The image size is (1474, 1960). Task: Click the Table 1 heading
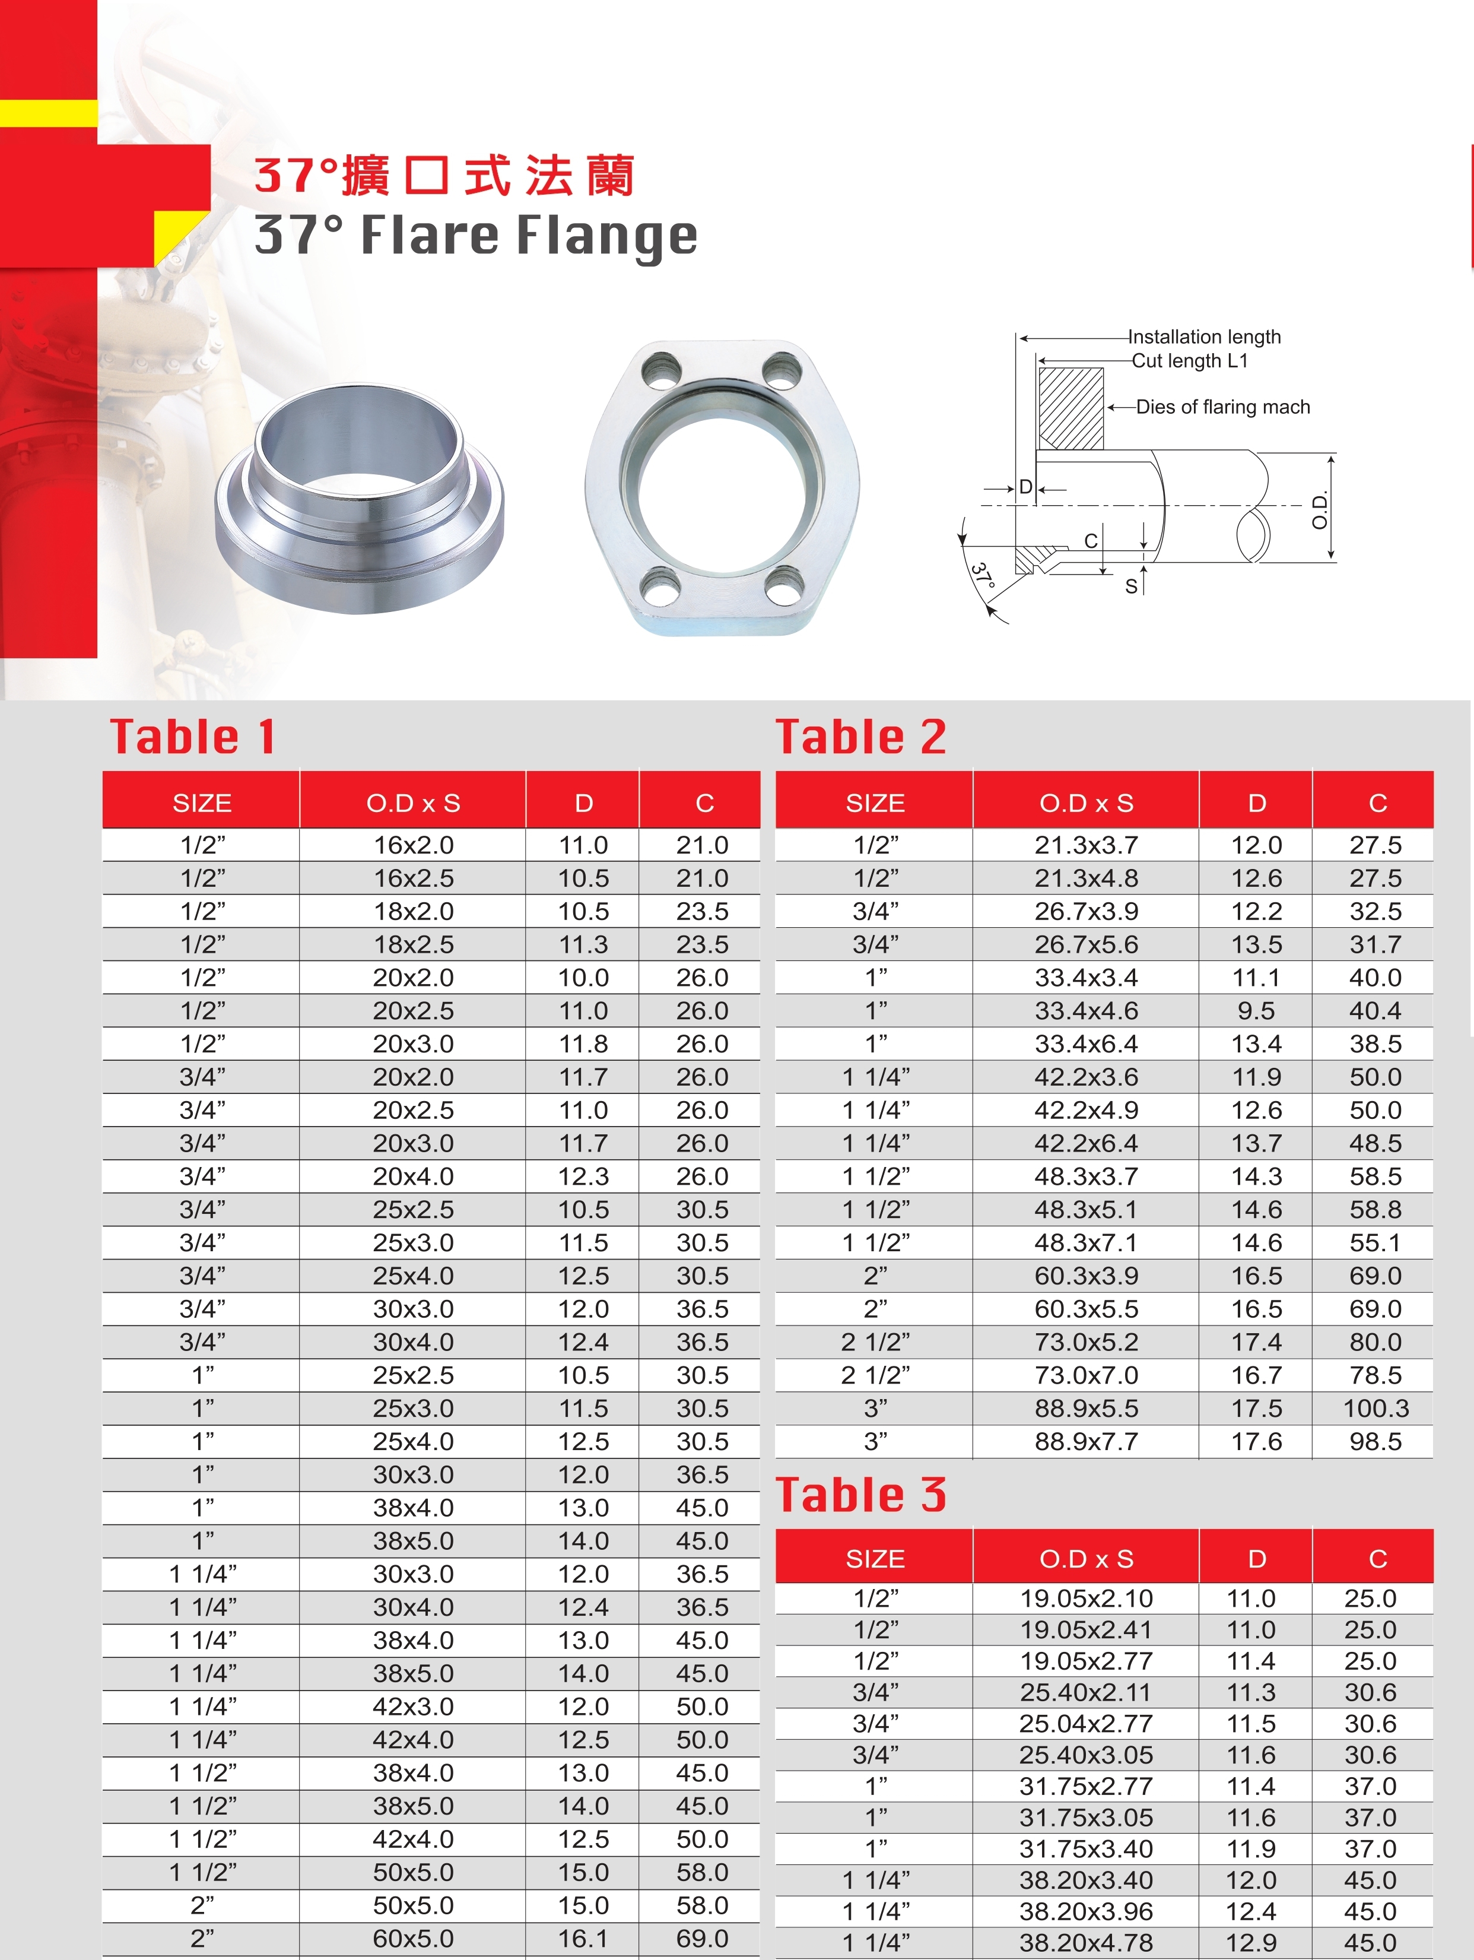pyautogui.click(x=192, y=737)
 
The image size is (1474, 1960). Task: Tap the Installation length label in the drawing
pyautogui.click(x=1204, y=337)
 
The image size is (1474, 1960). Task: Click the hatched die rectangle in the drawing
pyautogui.click(x=1071, y=408)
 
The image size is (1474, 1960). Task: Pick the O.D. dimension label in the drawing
pyautogui.click(x=1320, y=509)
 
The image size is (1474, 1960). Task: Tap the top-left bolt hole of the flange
pyautogui.click(x=662, y=370)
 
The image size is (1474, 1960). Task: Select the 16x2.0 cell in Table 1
pyautogui.click(x=413, y=845)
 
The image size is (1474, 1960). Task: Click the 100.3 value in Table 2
pyautogui.click(x=1375, y=1408)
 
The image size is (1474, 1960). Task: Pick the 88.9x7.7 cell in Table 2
pyautogui.click(x=1086, y=1442)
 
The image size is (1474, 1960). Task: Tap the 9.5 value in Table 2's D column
pyautogui.click(x=1256, y=1011)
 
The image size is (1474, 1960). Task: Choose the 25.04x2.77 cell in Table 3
pyautogui.click(x=1086, y=1723)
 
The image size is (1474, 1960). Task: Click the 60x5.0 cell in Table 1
pyautogui.click(x=413, y=1939)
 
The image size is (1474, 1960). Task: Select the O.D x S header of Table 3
pyautogui.click(x=1086, y=1559)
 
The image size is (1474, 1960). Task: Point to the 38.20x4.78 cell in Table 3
pyautogui.click(x=1086, y=1943)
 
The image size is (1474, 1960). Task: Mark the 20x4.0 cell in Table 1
pyautogui.click(x=413, y=1176)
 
